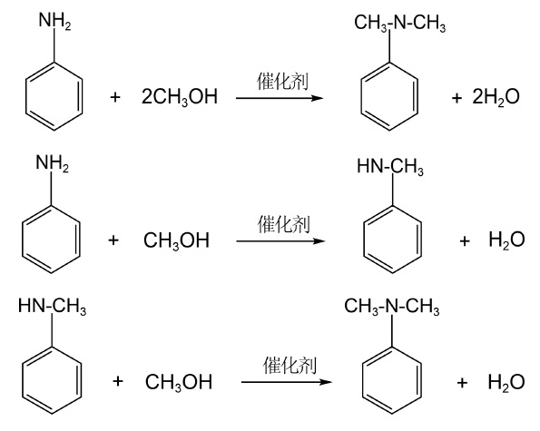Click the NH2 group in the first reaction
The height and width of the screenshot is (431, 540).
54,21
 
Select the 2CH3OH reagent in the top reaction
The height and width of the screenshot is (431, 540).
180,96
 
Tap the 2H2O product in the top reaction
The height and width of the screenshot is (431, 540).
496,97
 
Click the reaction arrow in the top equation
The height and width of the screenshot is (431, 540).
280,99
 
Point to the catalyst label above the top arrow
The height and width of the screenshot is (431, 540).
282,81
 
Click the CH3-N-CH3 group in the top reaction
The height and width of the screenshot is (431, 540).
400,23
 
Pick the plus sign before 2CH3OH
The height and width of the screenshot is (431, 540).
115,97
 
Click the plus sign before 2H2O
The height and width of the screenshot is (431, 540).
457,98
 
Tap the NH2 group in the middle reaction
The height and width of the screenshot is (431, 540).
53,163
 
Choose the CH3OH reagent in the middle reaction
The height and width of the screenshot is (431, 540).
176,240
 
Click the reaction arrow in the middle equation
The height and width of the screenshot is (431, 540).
280,241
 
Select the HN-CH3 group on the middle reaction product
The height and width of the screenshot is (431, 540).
390,167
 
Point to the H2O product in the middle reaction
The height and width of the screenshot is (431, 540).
506,240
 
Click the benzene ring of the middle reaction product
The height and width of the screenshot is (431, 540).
393,240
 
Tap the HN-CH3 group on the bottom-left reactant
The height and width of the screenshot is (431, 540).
52,306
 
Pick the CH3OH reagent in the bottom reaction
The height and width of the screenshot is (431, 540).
179,382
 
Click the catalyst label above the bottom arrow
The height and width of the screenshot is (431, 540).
290,366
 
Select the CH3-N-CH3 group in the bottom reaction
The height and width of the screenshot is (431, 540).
392,306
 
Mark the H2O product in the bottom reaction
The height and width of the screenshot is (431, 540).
506,382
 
